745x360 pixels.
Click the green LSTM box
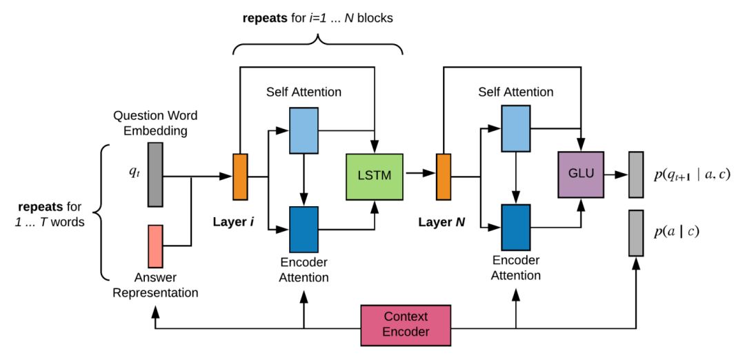point(375,176)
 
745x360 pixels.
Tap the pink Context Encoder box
point(406,325)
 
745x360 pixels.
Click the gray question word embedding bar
point(155,174)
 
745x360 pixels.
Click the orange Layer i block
point(239,177)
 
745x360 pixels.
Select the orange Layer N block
point(443,177)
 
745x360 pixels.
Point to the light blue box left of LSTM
point(303,130)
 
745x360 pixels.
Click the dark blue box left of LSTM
point(303,230)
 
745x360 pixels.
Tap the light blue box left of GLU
point(515,128)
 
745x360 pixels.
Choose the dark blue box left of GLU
point(515,228)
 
